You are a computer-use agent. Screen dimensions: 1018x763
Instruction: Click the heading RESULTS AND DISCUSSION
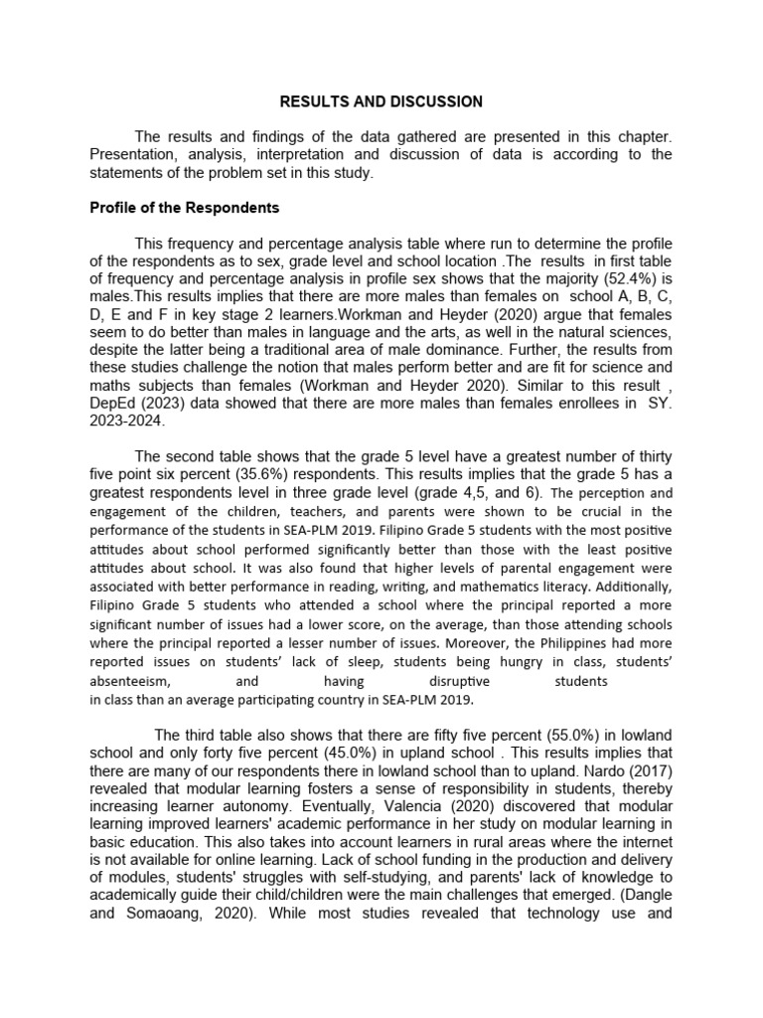[x=381, y=101]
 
